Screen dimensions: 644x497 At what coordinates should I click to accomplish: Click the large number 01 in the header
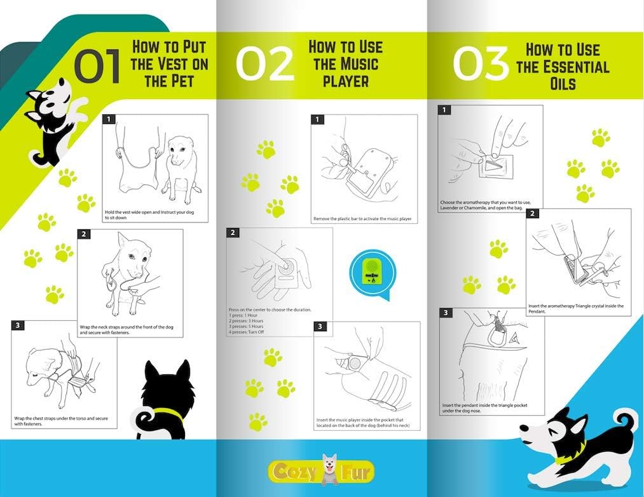point(98,65)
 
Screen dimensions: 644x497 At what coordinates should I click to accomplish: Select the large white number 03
point(481,63)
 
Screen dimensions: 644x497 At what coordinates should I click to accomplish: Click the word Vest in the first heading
point(169,64)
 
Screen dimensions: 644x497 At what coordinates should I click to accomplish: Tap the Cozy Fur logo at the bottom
point(322,471)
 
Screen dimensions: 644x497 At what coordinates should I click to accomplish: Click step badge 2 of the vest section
point(84,234)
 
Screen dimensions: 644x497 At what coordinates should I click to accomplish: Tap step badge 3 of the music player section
point(320,327)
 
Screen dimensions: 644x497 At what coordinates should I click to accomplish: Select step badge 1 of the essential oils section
point(444,110)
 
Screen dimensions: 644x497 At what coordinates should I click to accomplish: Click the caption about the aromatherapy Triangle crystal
point(576,308)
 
